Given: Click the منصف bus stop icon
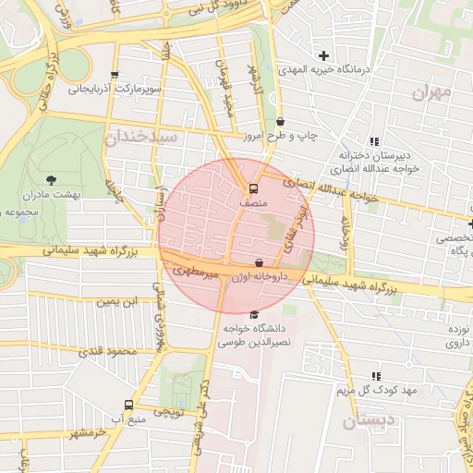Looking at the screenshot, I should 256,185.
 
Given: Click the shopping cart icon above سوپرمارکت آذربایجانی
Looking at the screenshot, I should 115,75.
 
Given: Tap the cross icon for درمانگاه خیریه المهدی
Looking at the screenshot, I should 323,56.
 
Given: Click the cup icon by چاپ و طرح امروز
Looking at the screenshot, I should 280,121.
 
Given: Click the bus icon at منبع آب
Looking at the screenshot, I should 127,405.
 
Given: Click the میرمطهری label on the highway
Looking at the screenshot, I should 196,270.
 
